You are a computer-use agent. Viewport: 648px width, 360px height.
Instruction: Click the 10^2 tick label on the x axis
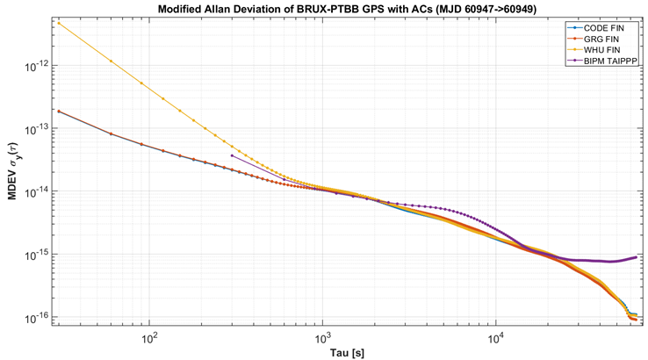pos(149,337)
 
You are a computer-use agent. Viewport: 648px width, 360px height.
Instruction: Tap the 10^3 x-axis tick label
pos(322,337)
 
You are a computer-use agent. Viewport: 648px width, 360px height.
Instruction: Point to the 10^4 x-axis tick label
pos(496,337)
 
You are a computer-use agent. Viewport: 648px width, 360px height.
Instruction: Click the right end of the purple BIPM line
pos(636,256)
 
